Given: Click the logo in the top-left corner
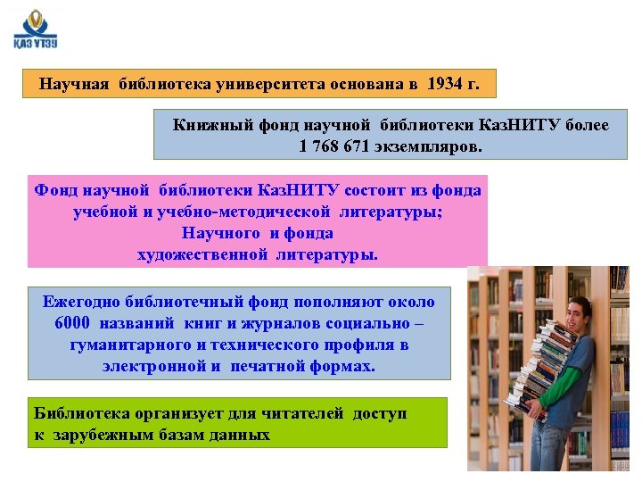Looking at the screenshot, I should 36,31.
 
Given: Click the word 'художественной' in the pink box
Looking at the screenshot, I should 202,254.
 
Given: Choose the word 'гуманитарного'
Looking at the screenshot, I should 126,345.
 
